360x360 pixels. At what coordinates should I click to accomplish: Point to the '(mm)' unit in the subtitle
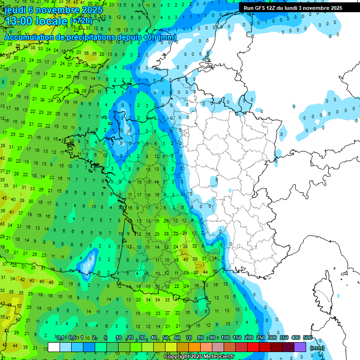click(167, 37)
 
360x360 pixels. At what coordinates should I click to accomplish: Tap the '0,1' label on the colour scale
click(60, 337)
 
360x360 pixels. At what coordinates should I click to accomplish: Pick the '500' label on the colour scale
click(307, 337)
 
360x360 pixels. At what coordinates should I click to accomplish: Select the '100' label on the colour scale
click(225, 337)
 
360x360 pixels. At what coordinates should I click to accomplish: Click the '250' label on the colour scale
click(260, 337)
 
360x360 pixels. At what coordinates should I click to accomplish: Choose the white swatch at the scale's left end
click(54, 347)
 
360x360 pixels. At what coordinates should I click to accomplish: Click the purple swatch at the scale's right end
click(300, 347)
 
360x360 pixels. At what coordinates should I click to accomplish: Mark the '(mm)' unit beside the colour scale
click(317, 348)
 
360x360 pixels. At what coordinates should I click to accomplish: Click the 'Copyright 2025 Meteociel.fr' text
click(199, 356)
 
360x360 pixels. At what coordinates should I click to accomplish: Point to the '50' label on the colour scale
click(165, 337)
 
